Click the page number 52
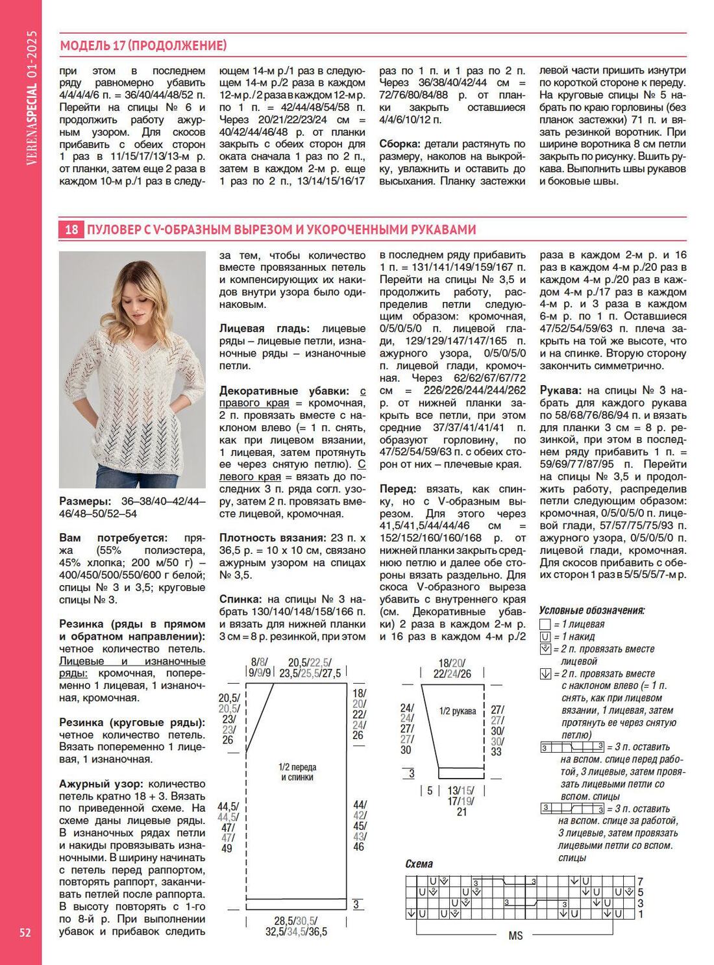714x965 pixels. [25, 933]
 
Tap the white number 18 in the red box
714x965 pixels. [71, 229]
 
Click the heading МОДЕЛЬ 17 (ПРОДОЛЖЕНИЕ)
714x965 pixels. [143, 45]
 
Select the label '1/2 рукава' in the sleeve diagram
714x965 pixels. [457, 711]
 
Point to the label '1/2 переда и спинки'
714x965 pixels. [297, 772]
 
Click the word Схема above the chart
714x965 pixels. [419, 864]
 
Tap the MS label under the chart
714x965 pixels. [515, 936]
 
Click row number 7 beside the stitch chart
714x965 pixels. [640, 881]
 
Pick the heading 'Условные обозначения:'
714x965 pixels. [592, 610]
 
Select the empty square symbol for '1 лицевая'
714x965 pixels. [545, 624]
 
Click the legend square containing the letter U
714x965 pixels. [545, 636]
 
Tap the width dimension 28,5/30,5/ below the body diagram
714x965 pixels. [296, 921]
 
